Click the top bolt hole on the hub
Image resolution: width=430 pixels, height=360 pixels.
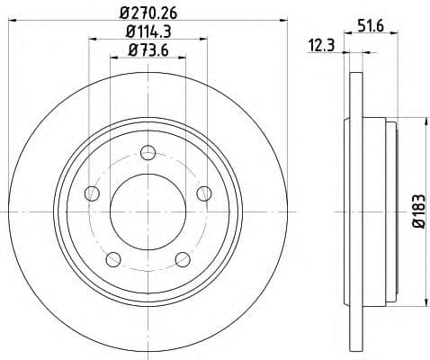tap(148, 155)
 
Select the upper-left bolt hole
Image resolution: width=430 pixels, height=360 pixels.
tap(91, 193)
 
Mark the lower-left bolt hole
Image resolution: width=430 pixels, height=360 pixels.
tap(112, 259)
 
